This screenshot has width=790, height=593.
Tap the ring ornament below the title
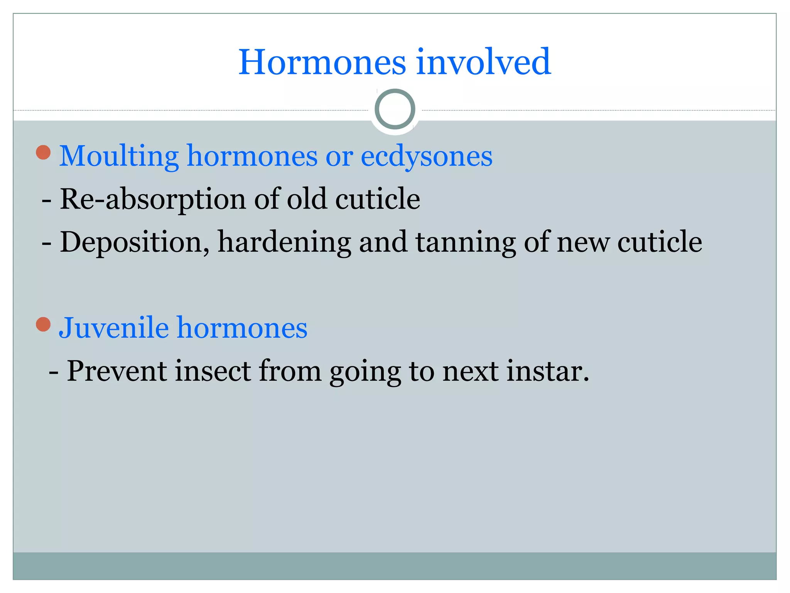[x=395, y=109]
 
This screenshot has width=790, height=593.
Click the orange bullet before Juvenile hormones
[x=43, y=324]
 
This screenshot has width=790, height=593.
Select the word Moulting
[x=119, y=156]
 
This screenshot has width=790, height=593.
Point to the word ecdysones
[x=426, y=156]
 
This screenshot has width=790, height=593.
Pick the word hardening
[x=284, y=242]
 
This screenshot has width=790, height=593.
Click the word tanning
[x=465, y=242]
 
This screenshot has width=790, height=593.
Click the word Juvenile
[x=114, y=328]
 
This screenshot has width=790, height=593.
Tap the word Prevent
[x=117, y=371]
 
